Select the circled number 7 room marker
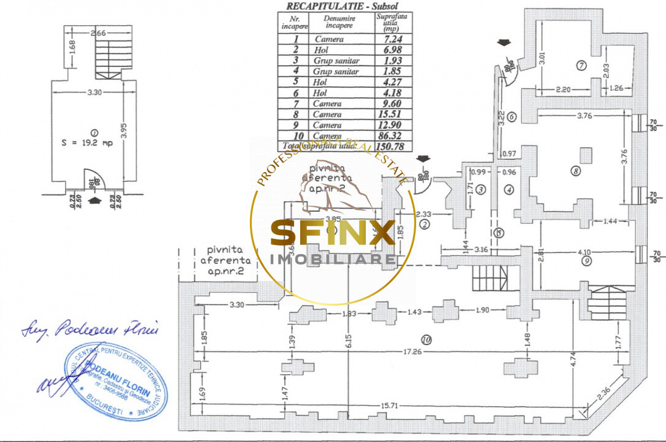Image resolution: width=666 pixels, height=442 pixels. pyautogui.click(x=581, y=65)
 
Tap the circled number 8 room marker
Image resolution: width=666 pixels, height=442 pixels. pyautogui.click(x=575, y=171)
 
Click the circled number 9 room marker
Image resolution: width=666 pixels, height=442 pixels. pyautogui.click(x=587, y=261)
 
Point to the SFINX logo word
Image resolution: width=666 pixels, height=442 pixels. pyautogui.click(x=333, y=235)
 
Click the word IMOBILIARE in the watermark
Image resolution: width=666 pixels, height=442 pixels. pyautogui.click(x=333, y=260)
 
